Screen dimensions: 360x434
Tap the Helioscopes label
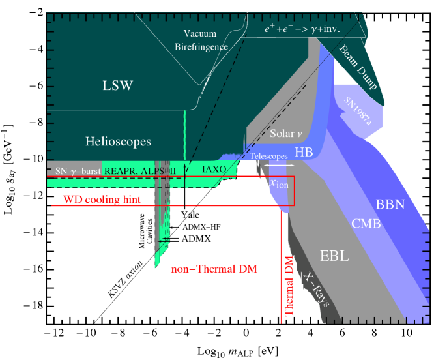pyautogui.click(x=118, y=141)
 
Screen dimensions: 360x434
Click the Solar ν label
pyautogui.click(x=286, y=134)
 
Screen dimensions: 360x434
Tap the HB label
pyautogui.click(x=304, y=152)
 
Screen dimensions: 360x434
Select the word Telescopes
pyautogui.click(x=268, y=157)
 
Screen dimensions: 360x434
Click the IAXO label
pyautogui.click(x=214, y=168)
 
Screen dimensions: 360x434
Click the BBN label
pyautogui.click(x=390, y=204)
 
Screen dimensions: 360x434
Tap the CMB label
pyautogui.click(x=366, y=224)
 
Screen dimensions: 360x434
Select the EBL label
pyautogui.click(x=334, y=256)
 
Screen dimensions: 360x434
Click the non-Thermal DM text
pyautogui.click(x=214, y=269)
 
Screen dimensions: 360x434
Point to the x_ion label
pyautogui.click(x=278, y=183)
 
